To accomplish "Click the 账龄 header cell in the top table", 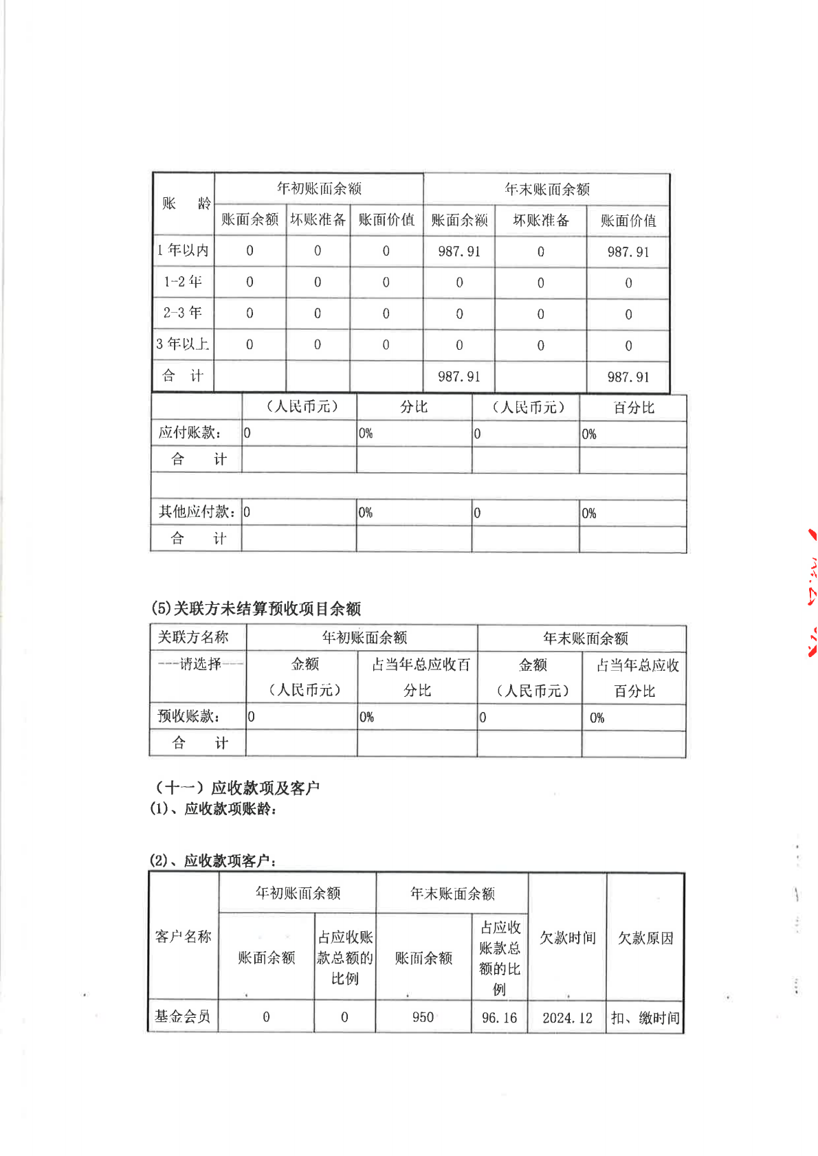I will pos(184,203).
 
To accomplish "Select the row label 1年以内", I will pos(183,250).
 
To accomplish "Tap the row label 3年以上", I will pos(183,344).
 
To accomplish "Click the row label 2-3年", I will pos(183,313).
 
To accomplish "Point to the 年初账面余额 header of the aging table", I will pos(319,188).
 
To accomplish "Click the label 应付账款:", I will pos(190,433).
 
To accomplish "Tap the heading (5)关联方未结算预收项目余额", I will pos(256,608).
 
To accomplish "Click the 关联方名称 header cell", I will pos(193,637).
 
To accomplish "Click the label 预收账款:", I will pos(189,716).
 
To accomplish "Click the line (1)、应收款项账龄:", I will pos(214,809).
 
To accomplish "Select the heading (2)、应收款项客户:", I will pos(214,860).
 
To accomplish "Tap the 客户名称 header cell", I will pos(183,937).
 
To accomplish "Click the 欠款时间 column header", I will pos(567,938).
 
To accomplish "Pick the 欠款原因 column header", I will pos(645,938).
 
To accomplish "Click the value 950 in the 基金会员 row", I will pos(423,1017).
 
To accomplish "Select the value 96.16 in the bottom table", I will pos(499,1018).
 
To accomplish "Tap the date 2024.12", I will pos(567,1018).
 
